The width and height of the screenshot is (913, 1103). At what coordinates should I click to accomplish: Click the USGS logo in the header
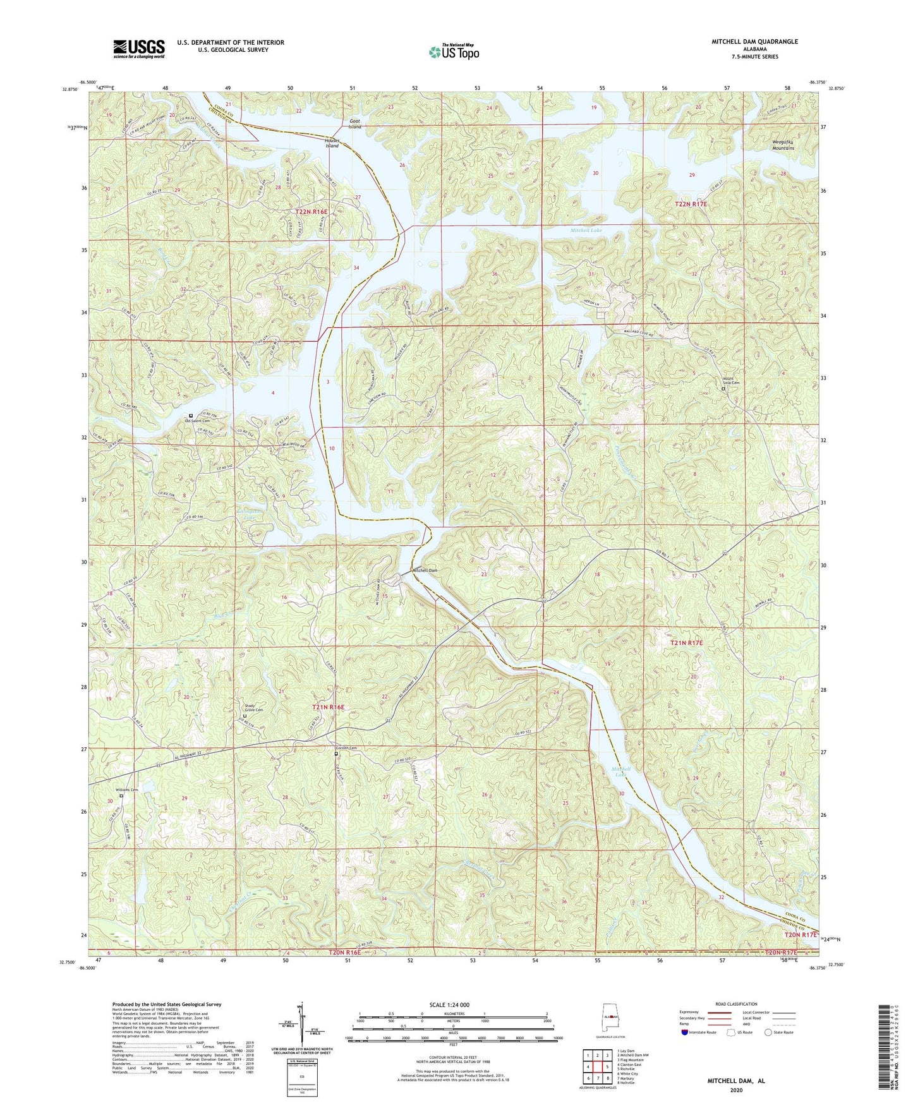pyautogui.click(x=139, y=48)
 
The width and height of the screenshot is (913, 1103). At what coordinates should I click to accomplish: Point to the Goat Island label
pyautogui.click(x=355, y=123)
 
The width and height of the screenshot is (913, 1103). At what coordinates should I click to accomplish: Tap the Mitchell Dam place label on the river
pyautogui.click(x=425, y=570)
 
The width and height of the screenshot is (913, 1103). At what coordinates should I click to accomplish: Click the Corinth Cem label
pyautogui.click(x=346, y=749)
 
